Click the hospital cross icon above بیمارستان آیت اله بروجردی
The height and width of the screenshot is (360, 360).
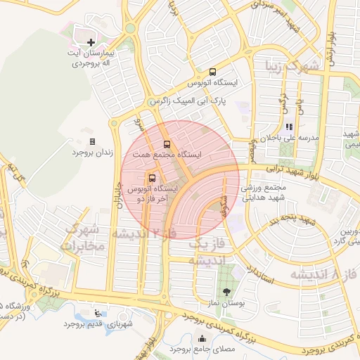(91, 44)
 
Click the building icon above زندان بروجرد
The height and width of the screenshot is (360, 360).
(92, 141)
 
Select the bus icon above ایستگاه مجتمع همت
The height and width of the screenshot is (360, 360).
(167, 143)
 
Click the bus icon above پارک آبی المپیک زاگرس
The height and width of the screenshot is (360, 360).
(212, 72)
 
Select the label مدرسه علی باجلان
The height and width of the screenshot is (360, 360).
(290, 138)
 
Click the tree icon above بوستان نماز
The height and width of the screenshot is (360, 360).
(226, 291)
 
